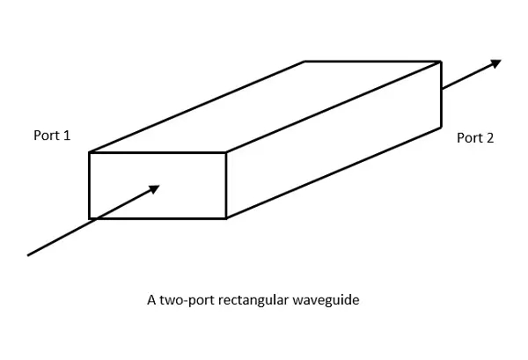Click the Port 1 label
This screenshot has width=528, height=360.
pos(50,136)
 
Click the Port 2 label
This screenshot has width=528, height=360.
pos(475,138)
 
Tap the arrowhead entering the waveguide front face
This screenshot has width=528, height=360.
pos(154,187)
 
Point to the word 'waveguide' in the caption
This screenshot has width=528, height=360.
pos(329,300)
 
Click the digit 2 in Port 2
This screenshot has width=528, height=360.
pos(491,138)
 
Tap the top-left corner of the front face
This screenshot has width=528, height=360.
pos(90,153)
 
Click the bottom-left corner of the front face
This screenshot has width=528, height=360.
pos(90,217)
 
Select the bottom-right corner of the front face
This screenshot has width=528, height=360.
pos(227,217)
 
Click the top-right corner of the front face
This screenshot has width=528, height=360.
pos(227,153)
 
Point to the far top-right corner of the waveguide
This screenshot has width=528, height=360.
pos(440,62)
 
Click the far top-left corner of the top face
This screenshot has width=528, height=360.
pos(304,62)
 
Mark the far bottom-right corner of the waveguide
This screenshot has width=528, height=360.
pos(440,128)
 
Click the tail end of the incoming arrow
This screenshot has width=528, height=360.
pos(29,255)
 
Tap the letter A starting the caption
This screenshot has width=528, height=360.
pos(151,300)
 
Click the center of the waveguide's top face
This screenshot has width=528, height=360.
pos(265,107)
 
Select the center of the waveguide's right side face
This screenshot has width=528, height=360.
pos(334,140)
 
